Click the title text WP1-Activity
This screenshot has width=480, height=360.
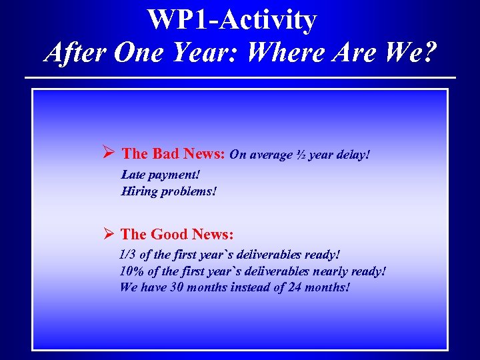point(232,19)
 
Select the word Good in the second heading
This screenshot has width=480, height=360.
point(169,234)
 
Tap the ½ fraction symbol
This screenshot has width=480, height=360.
point(302,155)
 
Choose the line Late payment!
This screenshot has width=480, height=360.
point(160,175)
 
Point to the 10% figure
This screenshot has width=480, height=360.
point(131,271)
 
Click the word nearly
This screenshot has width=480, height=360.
point(325,271)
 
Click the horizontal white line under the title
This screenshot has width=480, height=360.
point(240,78)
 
